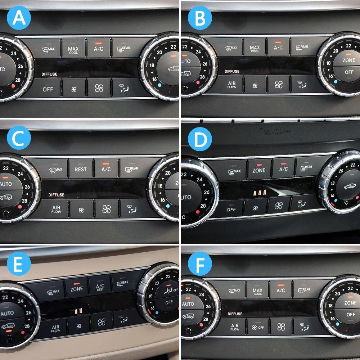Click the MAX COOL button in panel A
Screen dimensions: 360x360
point(73,49)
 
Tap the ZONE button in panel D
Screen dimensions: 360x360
point(259,170)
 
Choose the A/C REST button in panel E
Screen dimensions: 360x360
point(100,287)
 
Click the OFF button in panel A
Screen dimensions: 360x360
point(48,89)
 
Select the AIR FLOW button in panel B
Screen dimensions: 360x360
point(232,85)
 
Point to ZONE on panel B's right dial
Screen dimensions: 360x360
point(349,60)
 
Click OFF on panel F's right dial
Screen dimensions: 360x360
point(350,314)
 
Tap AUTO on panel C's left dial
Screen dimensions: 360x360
point(7,184)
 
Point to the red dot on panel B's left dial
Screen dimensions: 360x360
point(198,82)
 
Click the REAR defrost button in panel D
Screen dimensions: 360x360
point(306,168)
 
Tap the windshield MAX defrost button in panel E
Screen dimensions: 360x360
point(53,292)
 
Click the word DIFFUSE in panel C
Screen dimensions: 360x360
point(57,195)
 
